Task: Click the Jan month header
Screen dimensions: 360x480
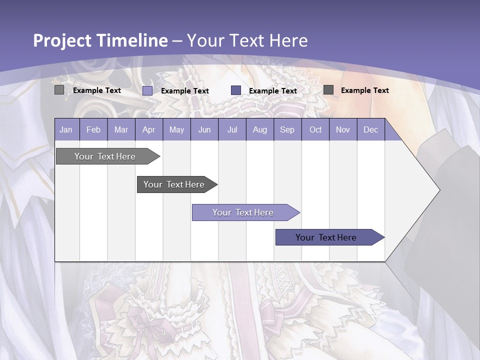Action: pyautogui.click(x=66, y=130)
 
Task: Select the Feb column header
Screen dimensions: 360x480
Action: pyautogui.click(x=93, y=130)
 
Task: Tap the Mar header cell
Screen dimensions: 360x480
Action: pyautogui.click(x=121, y=130)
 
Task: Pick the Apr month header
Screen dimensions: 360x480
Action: pyautogui.click(x=149, y=130)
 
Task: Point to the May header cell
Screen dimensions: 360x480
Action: pyautogui.click(x=176, y=130)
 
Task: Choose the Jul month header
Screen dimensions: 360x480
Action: pyautogui.click(x=232, y=130)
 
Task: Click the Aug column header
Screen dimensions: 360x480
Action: pyautogui.click(x=260, y=130)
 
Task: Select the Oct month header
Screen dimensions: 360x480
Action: pyautogui.click(x=315, y=130)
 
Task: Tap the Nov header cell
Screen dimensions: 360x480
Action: pyautogui.click(x=343, y=130)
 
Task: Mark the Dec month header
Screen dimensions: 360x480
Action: pyautogui.click(x=371, y=130)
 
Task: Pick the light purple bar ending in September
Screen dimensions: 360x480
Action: pyautogui.click(x=243, y=212)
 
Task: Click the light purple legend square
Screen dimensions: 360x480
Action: pyautogui.click(x=147, y=90)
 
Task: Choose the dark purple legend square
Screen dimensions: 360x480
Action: pyautogui.click(x=236, y=90)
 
